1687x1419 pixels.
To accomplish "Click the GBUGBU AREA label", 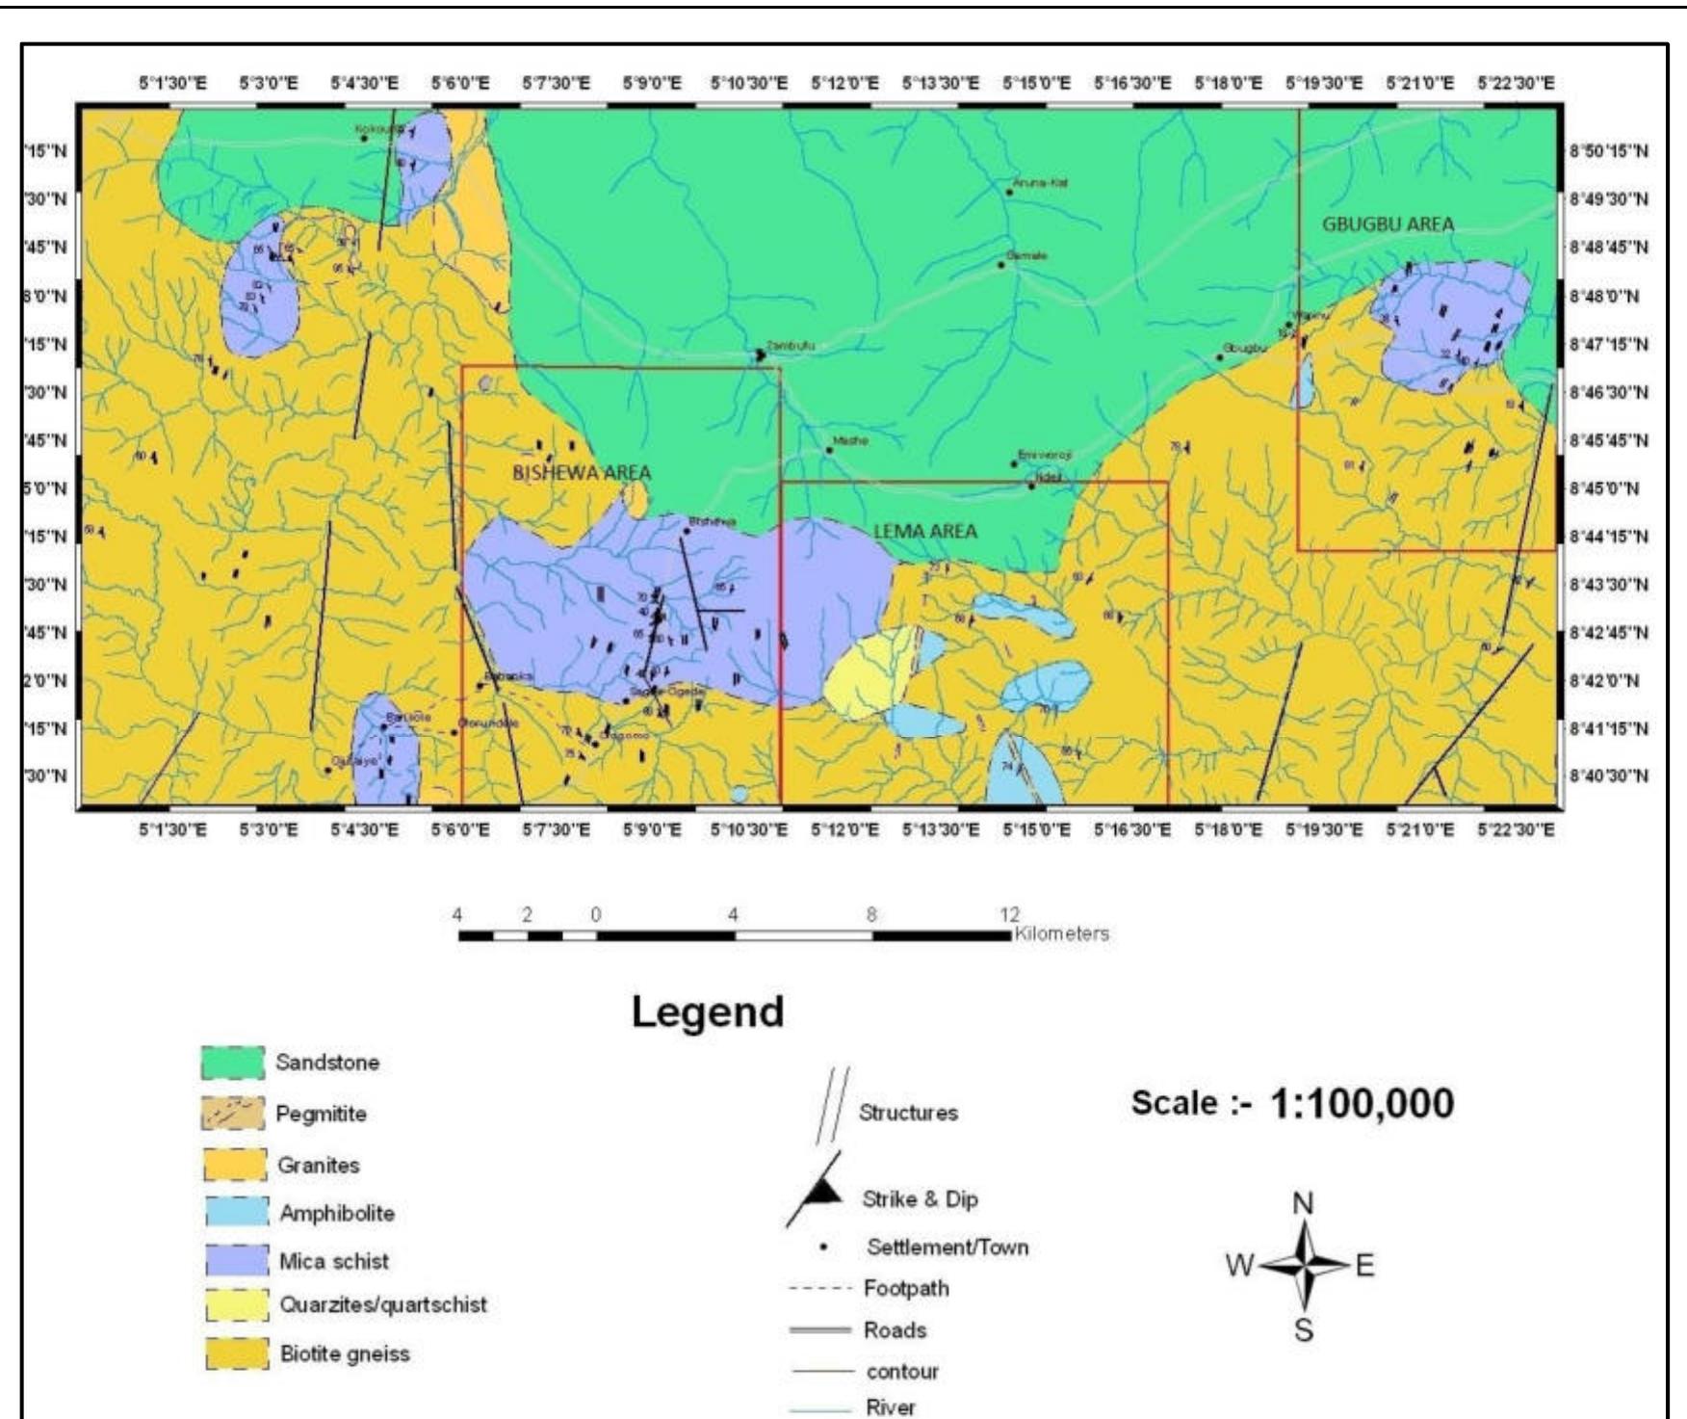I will (1388, 224).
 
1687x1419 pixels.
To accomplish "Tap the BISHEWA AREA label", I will (582, 473).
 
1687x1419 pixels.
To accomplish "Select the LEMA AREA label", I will (925, 531).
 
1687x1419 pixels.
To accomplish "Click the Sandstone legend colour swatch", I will (232, 1063).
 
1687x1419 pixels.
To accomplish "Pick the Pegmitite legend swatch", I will (232, 1114).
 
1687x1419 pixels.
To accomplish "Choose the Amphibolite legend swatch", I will (236, 1213).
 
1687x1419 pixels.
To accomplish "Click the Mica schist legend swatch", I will (236, 1260).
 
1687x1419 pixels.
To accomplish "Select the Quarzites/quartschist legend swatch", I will (236, 1305).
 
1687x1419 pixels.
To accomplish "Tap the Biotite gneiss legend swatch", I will (236, 1353).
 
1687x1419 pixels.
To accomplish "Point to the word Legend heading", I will (708, 1012).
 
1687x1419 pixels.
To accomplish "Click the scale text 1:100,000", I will (1362, 1104).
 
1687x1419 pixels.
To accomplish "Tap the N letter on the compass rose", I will (1303, 1204).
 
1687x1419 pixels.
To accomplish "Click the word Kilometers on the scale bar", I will (1061, 933).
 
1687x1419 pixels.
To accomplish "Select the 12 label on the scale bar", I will (1008, 914).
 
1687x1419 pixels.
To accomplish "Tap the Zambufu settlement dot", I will (760, 355).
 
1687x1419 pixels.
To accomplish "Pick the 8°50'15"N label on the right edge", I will (1608, 151).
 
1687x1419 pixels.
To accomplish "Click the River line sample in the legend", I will (821, 1408).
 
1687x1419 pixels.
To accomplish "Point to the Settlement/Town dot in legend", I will (824, 1248).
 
